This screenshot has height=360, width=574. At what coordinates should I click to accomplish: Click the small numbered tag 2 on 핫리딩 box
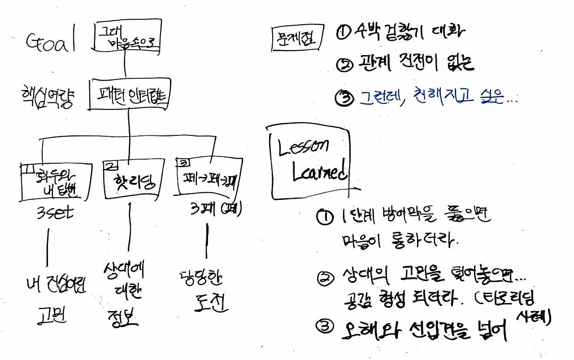click(x=109, y=165)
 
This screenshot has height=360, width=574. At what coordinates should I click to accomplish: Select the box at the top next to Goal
click(x=128, y=37)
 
